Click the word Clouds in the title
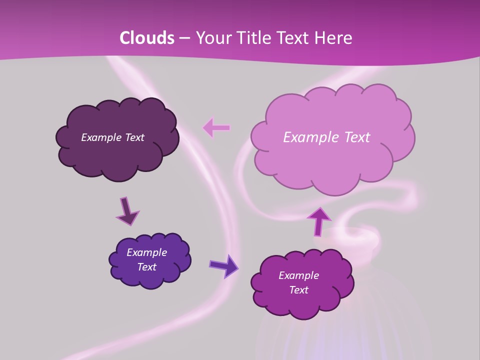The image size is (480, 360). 146,37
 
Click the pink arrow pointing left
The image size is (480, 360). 216,128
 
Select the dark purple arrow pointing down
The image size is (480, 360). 127,211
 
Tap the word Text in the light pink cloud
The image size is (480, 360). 353,137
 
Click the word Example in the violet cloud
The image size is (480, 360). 146,252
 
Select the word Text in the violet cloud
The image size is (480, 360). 146,267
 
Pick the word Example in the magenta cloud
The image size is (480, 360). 298,275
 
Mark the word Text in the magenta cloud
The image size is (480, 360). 298,290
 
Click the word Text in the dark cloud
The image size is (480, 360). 134,137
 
